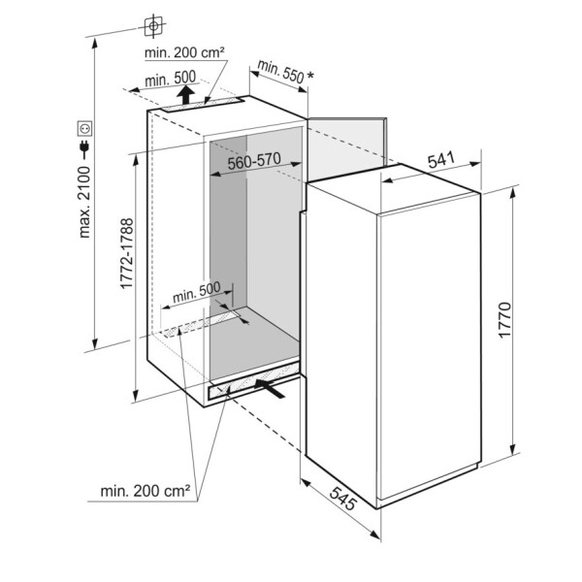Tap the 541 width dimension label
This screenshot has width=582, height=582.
441,163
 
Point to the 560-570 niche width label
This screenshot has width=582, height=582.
254,162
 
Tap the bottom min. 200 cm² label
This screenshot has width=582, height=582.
145,492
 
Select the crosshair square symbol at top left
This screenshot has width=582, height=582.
153,22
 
